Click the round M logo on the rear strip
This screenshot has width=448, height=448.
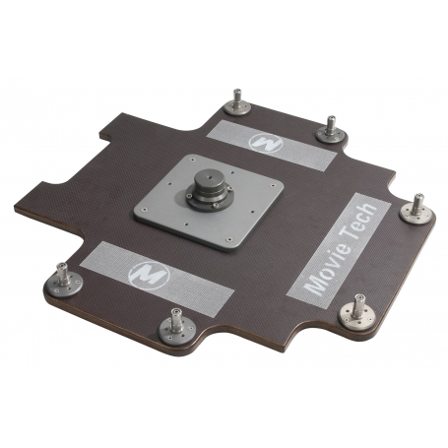point(266,144)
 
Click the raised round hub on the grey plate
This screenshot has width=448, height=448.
point(211,188)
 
